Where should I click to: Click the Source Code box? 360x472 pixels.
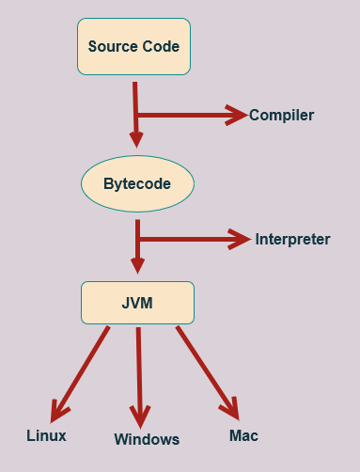133,46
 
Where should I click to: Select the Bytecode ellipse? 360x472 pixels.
137,184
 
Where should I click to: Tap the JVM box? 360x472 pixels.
137,304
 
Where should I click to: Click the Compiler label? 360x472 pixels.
281,116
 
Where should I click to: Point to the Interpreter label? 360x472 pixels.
292,239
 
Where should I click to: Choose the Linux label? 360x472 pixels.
46,435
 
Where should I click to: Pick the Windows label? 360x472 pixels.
147,439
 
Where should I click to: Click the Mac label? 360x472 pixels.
243,435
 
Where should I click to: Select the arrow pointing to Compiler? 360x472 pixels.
188,116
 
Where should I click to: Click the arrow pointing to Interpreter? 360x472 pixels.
193,240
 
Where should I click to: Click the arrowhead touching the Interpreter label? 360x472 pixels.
243,240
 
